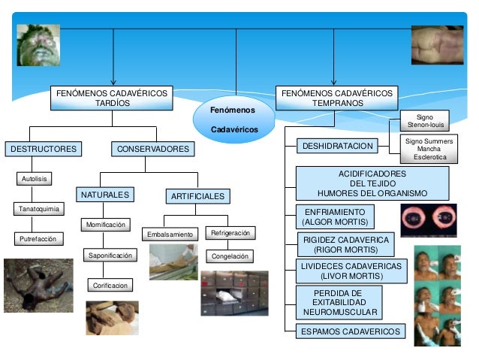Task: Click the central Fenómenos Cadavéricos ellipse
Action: pos(233,120)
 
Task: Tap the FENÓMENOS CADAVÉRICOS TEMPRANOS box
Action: pos(336,98)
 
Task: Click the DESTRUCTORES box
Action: pos(43,149)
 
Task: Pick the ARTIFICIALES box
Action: pos(197,197)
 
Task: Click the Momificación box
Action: pos(106,225)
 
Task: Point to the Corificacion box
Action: pos(110,286)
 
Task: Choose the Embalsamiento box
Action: pos(170,234)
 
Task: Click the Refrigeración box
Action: pos(231,233)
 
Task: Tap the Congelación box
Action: pos(231,256)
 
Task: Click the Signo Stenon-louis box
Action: pos(425,122)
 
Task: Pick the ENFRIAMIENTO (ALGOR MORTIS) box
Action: pos(333,217)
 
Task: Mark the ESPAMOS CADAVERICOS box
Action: pos(350,331)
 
